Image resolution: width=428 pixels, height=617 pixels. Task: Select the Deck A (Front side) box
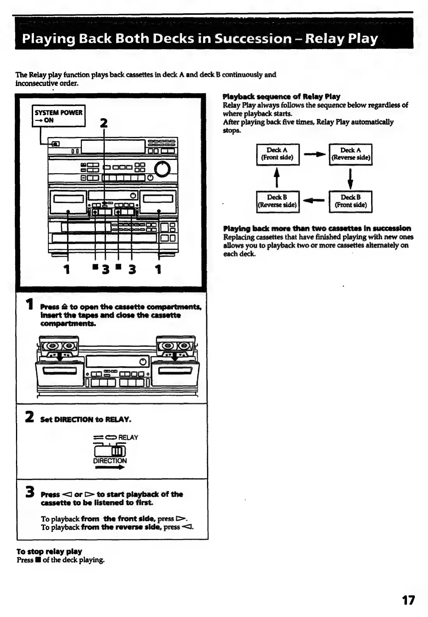pyautogui.click(x=277, y=154)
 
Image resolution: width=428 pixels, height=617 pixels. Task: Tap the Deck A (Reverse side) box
pyautogui.click(x=350, y=154)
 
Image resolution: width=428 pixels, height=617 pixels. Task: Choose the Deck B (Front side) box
pyautogui.click(x=350, y=201)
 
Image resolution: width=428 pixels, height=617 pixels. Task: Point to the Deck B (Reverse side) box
pyautogui.click(x=277, y=201)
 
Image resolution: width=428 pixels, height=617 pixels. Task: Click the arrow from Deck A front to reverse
pyautogui.click(x=314, y=155)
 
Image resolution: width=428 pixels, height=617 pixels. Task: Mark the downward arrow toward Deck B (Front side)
pyautogui.click(x=351, y=178)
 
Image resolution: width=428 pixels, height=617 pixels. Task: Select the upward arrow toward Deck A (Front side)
pyautogui.click(x=277, y=178)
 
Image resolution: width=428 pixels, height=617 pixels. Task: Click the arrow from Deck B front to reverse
pyautogui.click(x=314, y=201)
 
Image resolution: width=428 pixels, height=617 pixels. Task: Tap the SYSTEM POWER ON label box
pyautogui.click(x=58, y=116)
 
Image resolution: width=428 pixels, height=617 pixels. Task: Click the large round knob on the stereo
pyautogui.click(x=163, y=168)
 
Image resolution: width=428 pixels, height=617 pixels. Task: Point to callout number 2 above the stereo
pyautogui.click(x=103, y=123)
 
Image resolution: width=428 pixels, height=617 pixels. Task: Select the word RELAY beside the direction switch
pyautogui.click(x=128, y=437)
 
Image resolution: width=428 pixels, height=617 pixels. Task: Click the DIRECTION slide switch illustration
pyautogui.click(x=110, y=451)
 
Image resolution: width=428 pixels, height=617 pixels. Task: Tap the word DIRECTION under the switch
pyautogui.click(x=110, y=461)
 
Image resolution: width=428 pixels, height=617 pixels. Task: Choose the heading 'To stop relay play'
pyautogui.click(x=49, y=551)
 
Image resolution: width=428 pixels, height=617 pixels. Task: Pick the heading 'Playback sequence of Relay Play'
pyautogui.click(x=281, y=96)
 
